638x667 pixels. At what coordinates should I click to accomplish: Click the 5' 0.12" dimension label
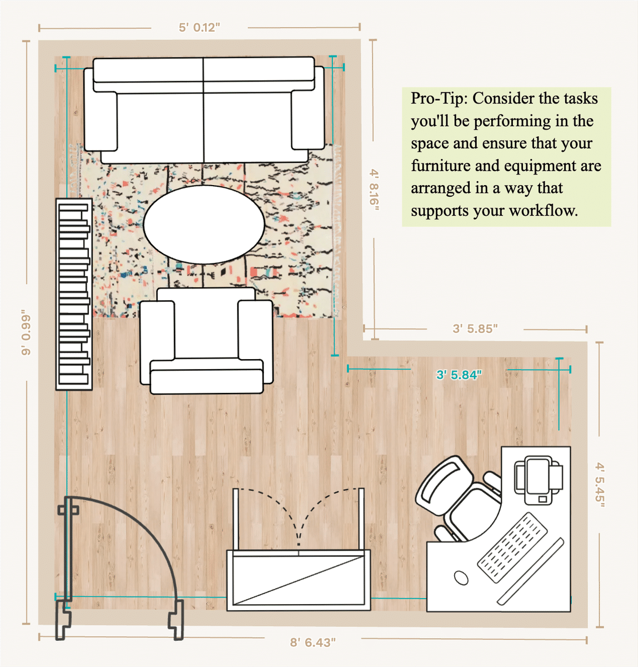pos(199,28)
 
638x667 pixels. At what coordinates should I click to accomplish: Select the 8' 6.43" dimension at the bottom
pos(312,643)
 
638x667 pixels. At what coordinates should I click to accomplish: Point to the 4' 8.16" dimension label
pos(375,190)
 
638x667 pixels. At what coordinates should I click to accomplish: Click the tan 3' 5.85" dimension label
pos(475,329)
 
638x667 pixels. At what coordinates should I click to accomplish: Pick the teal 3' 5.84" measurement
pos(458,375)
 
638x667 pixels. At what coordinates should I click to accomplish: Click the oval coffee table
pos(203,225)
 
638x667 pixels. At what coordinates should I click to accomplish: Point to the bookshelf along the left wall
pos(74,295)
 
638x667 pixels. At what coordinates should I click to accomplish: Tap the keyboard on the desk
pos(512,547)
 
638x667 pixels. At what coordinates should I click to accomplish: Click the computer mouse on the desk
pos(461,578)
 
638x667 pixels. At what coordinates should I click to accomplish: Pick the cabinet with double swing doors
pos(298,579)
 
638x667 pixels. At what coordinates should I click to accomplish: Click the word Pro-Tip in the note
pos(438,98)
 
